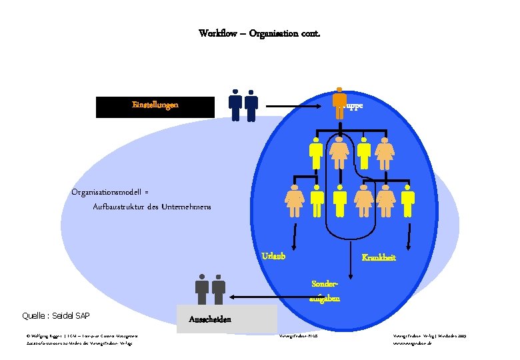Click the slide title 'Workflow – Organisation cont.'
tap(259, 33)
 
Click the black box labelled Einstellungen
tap(155, 107)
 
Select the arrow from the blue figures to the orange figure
tap(297, 105)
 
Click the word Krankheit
tap(378, 257)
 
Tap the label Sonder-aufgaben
tap(325, 291)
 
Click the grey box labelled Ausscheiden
tap(227, 319)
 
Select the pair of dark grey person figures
tap(210, 291)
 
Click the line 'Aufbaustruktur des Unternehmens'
tap(152, 207)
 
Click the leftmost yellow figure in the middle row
tap(316, 153)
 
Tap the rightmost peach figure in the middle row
tap(385, 153)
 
